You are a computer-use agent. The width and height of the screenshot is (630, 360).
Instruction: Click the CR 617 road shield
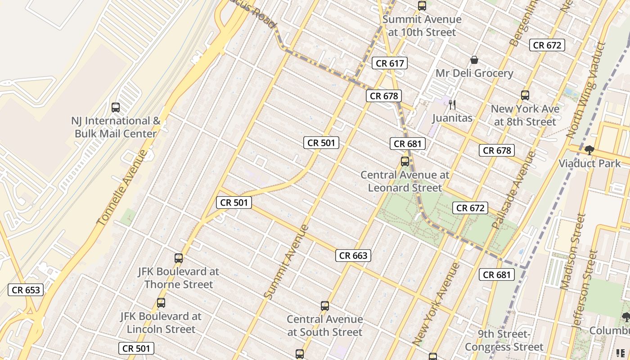point(390,63)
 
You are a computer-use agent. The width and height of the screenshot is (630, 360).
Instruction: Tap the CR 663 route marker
point(353,256)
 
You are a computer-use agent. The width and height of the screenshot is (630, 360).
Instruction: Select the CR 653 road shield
point(26,290)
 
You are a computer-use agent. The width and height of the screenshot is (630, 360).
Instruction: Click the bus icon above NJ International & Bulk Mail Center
point(116,108)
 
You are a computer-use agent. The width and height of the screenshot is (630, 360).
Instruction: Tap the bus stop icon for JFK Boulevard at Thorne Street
point(179,258)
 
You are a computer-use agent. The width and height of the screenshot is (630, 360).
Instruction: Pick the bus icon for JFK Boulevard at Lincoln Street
point(161,303)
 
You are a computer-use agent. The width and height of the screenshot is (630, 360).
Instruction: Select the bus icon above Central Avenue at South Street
point(325,306)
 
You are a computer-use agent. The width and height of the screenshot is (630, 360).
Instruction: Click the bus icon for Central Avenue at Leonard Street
point(405,162)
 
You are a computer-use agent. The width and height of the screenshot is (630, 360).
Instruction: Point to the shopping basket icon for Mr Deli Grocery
point(474,60)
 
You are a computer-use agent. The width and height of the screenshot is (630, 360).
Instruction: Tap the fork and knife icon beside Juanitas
point(452,105)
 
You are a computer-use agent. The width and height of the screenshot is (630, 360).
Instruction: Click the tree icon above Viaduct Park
point(589,150)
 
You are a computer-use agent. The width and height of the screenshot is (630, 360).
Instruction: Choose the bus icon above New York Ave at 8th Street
point(525,95)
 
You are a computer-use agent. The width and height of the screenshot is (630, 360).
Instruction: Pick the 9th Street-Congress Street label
point(504,341)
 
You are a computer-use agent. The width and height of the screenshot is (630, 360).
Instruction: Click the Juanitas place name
point(452,118)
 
